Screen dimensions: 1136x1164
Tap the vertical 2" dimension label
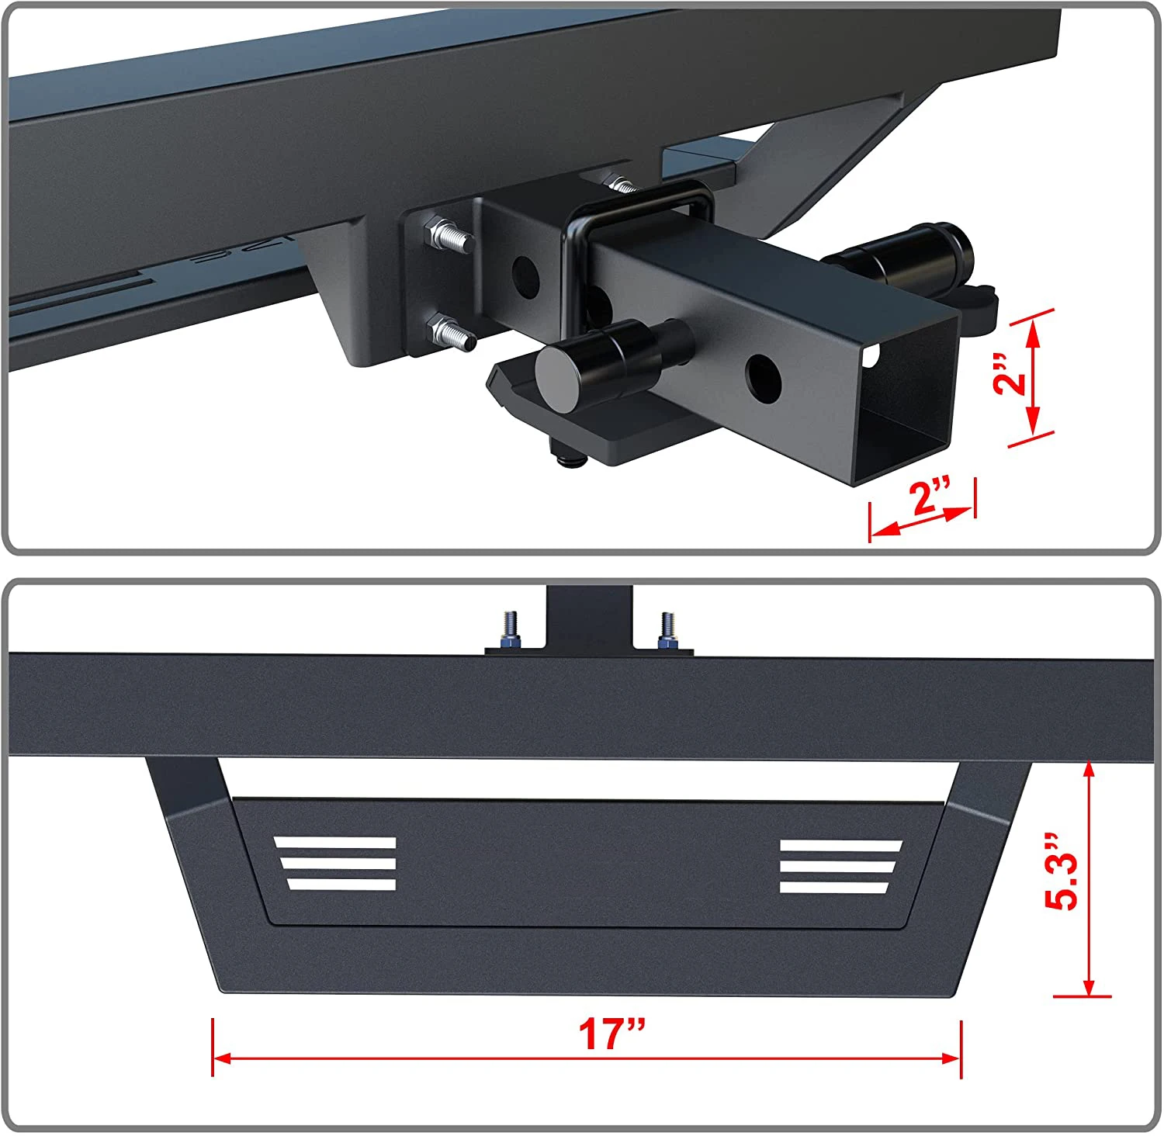1010,372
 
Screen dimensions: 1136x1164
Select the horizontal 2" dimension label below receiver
931,497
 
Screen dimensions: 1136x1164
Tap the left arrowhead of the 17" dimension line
221,1058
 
